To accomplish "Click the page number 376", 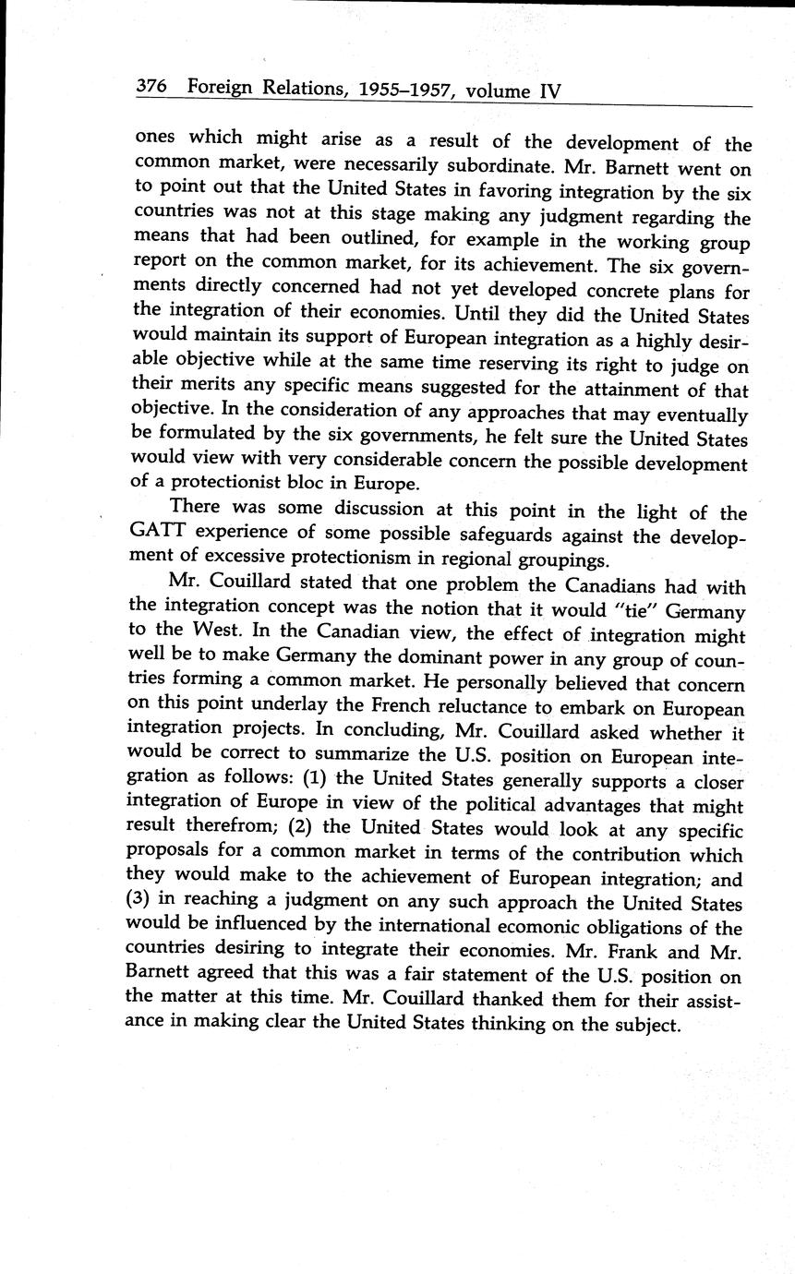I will coord(151,87).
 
